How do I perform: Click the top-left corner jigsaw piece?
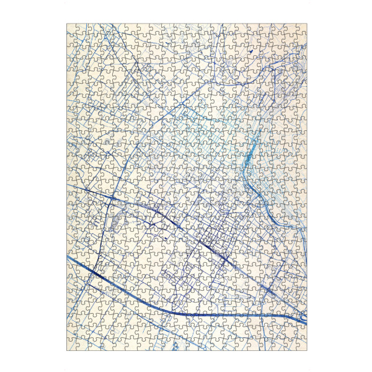71,29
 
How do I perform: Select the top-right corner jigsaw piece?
301,29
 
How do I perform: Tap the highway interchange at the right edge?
303,318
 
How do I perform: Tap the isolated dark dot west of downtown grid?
166,237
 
